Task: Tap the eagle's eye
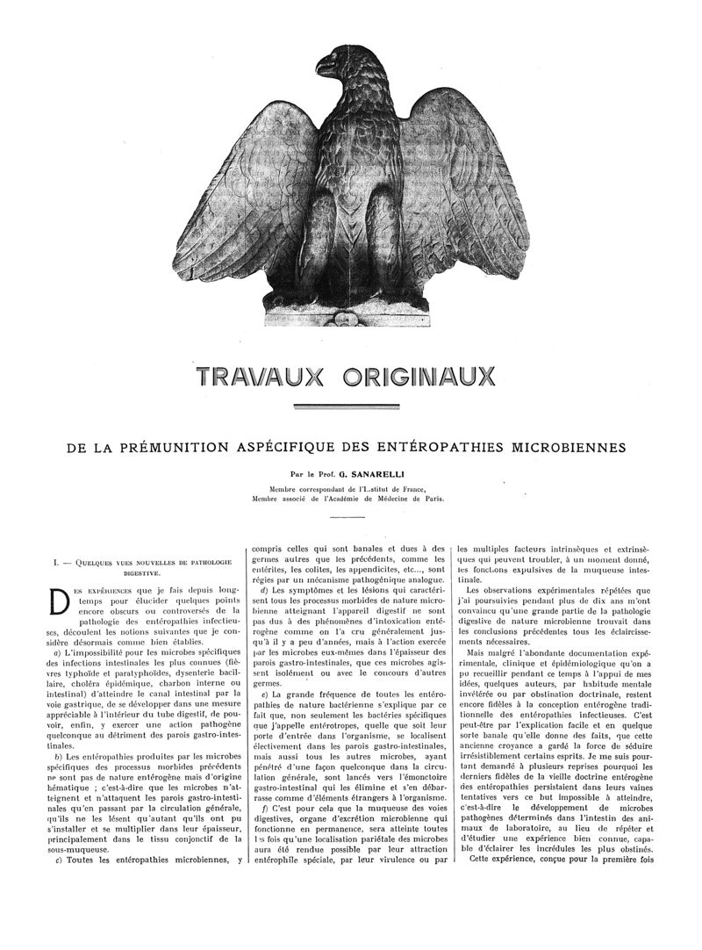coord(334,59)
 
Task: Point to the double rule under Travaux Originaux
coord(351,407)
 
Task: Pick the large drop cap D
coord(60,602)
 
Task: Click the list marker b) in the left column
coord(56,756)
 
